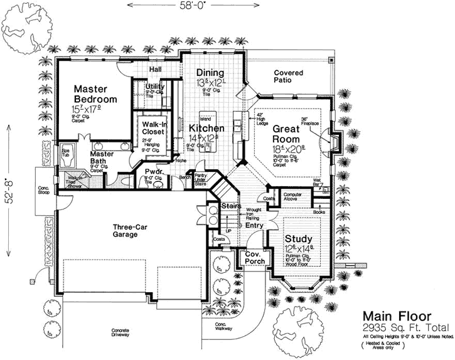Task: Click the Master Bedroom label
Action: (95, 94)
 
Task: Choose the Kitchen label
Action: (203, 129)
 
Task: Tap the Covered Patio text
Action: (289, 77)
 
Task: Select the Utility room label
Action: (155, 87)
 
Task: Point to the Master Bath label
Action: (102, 159)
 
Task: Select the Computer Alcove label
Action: (294, 196)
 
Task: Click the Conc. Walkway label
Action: (215, 326)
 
